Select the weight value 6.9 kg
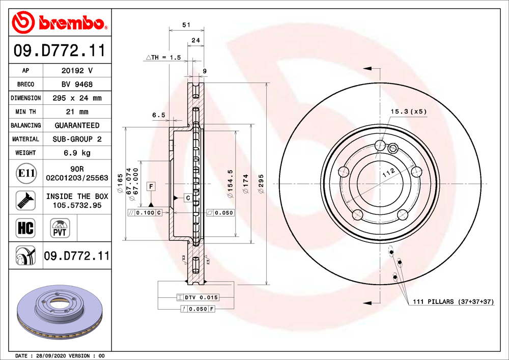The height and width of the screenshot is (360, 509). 77,153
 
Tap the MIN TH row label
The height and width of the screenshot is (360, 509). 25,112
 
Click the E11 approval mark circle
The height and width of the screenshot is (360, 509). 26,173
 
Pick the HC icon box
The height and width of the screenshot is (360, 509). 25,228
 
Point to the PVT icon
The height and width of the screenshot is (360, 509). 60,228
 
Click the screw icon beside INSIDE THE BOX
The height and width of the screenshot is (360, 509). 25,200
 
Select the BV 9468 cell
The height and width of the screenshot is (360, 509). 77,85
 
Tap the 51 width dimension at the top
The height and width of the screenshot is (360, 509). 186,24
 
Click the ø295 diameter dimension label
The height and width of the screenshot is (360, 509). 261,184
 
